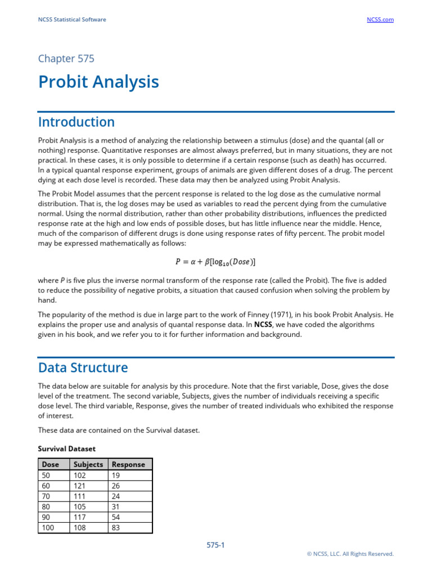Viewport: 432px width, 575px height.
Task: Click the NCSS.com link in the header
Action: click(x=380, y=20)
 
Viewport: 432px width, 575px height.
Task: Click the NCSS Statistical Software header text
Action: click(x=72, y=20)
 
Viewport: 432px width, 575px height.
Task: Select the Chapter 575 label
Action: click(x=66, y=58)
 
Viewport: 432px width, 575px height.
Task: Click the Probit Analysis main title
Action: click(x=98, y=82)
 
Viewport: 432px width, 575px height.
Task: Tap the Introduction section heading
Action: click(x=76, y=122)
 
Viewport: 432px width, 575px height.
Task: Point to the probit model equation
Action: click(x=216, y=262)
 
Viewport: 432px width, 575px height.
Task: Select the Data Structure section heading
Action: click(x=83, y=368)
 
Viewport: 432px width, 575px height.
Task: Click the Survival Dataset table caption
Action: click(x=66, y=449)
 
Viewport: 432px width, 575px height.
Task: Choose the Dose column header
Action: click(x=50, y=464)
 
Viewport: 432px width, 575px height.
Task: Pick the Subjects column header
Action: click(x=88, y=464)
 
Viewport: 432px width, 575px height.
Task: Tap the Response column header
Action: click(x=128, y=464)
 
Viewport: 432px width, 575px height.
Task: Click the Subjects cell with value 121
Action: click(x=80, y=486)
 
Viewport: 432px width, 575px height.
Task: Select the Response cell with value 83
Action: click(x=117, y=528)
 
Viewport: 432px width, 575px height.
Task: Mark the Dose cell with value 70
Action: click(x=46, y=496)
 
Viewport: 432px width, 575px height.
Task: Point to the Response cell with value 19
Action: click(x=117, y=475)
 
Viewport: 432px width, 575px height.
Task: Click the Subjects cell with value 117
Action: click(x=80, y=517)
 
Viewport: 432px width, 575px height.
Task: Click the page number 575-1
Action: click(x=216, y=545)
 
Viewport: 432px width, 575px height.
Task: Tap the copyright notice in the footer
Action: click(x=350, y=554)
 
